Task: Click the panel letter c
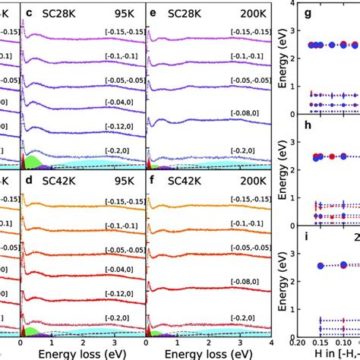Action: point(29,13)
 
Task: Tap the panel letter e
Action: point(153,13)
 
